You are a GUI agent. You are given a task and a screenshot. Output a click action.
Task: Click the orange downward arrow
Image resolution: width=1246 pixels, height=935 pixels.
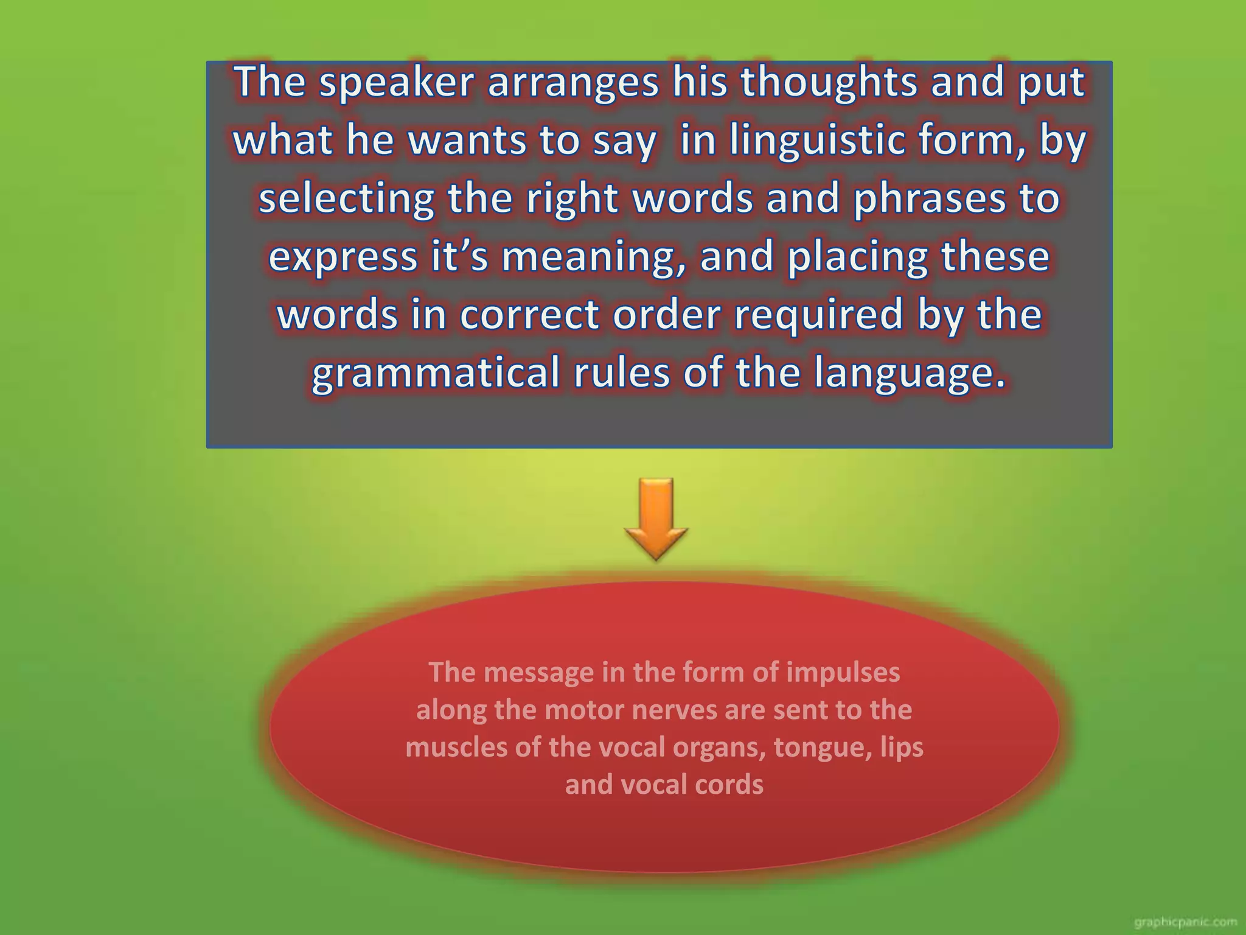pyautogui.click(x=656, y=518)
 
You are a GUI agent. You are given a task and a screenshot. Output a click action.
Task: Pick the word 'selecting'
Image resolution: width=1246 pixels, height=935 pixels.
pyautogui.click(x=346, y=198)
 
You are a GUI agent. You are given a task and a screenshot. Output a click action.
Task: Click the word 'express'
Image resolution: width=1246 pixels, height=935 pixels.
pyautogui.click(x=343, y=257)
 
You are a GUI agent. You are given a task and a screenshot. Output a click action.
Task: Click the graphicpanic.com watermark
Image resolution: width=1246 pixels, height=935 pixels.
pyautogui.click(x=1185, y=922)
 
